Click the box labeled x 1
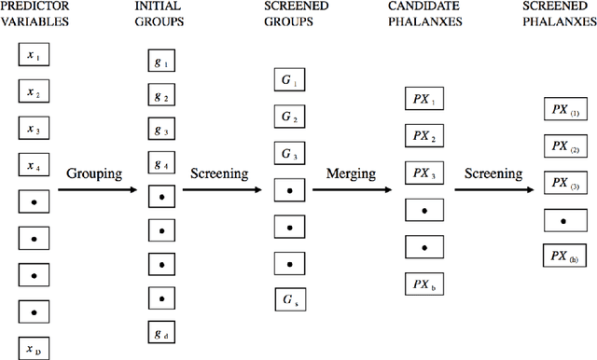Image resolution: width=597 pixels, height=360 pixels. click(x=33, y=56)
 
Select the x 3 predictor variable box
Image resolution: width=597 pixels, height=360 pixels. click(x=33, y=130)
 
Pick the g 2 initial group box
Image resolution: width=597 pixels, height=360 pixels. click(x=161, y=96)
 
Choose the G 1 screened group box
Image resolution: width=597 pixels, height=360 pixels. click(x=288, y=81)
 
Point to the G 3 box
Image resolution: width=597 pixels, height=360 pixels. click(x=288, y=153)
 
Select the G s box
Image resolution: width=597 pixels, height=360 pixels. click(x=288, y=298)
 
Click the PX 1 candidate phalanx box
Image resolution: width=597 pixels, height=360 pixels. click(x=423, y=100)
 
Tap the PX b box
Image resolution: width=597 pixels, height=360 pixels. click(x=423, y=283)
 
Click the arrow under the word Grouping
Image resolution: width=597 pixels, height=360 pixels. click(x=95, y=190)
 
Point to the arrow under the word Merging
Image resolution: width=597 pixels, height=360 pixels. click(x=351, y=190)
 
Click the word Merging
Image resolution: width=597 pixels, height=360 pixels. click(x=351, y=173)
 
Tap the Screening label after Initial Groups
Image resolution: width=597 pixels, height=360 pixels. click(x=219, y=173)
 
